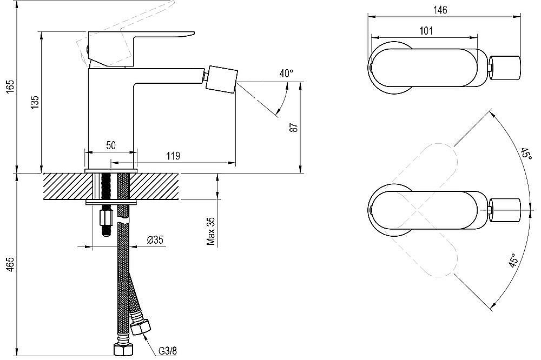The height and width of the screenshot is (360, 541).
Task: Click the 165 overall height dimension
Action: click(x=11, y=90)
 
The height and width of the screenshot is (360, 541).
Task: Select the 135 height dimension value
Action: click(x=35, y=102)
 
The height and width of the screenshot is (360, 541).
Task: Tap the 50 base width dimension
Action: click(x=111, y=145)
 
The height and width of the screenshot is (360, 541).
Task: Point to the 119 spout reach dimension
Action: click(x=173, y=156)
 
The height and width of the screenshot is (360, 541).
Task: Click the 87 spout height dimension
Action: click(x=294, y=128)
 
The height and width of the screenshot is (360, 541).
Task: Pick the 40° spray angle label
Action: click(x=286, y=73)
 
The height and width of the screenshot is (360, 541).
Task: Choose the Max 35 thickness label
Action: click(x=211, y=231)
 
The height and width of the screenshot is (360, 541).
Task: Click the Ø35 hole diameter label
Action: click(x=155, y=239)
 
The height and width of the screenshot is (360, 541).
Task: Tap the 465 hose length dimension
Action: click(x=11, y=264)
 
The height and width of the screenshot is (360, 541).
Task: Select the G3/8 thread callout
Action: click(x=168, y=351)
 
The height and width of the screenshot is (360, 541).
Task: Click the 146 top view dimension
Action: click(x=440, y=10)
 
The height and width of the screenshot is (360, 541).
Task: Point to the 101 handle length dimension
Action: click(x=426, y=31)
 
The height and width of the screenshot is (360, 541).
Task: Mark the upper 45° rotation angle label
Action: click(x=526, y=153)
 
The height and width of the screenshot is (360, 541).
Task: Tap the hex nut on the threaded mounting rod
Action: click(x=106, y=218)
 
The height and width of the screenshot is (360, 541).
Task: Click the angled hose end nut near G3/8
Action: click(x=141, y=326)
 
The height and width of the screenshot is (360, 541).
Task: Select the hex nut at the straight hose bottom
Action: click(x=123, y=350)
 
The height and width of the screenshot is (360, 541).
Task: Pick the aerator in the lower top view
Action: click(x=504, y=210)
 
